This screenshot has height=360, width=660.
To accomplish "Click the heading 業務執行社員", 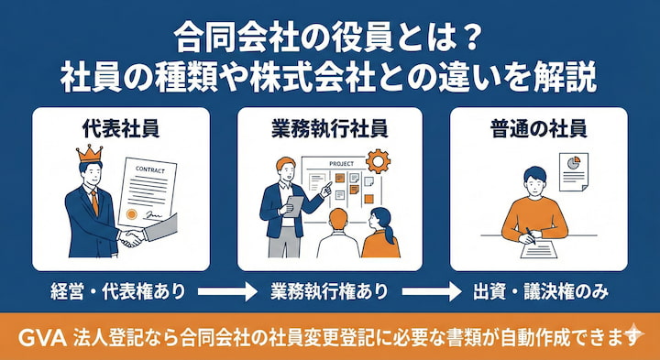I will pos(329,127).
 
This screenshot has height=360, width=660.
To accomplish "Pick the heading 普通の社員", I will pos(538,127).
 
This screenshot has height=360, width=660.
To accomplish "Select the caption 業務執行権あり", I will pos(329,293).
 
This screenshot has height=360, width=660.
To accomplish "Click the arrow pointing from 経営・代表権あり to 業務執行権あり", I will pos(223,293).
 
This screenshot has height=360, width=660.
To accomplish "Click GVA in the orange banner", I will pos(41,337).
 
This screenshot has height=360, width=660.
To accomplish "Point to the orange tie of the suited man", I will pos(93,205).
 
